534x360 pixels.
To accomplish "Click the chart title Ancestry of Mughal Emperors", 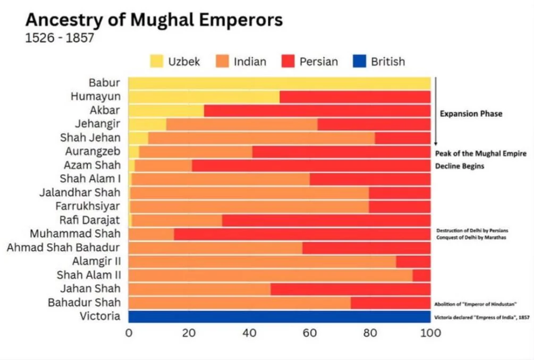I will click(154, 20).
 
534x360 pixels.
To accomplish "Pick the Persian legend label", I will click(318, 62).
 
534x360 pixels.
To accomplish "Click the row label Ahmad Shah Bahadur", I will click(63, 247).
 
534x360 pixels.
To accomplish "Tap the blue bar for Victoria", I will click(279, 316).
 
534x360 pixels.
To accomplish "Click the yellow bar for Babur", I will click(279, 83).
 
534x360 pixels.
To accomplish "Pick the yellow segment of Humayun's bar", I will click(204, 97).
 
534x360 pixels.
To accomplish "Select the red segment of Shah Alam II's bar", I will click(421, 275).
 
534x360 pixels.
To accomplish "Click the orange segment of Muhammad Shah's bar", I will click(151, 234).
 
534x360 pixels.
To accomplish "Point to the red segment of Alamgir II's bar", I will click(413, 261).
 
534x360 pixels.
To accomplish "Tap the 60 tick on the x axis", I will click(309, 333).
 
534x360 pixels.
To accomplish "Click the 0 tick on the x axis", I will click(129, 333).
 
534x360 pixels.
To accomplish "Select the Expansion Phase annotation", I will click(471, 114).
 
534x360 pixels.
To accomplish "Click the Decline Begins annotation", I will click(460, 165).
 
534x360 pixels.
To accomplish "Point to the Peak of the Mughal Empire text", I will click(480, 153).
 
